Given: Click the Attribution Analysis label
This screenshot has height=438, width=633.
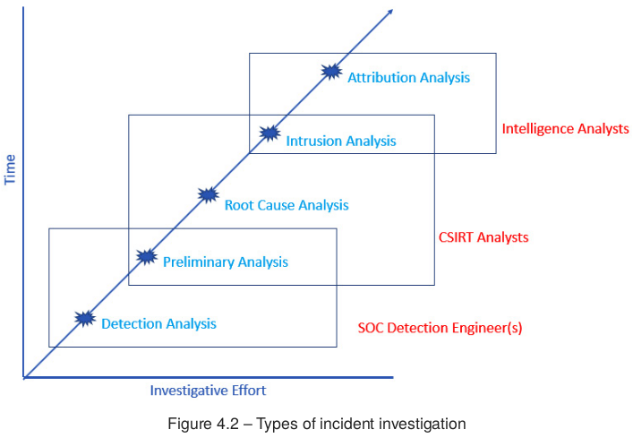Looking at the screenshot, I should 408,78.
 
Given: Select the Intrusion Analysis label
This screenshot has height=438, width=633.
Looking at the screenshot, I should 340,141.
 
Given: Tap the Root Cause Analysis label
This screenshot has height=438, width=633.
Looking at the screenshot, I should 286,205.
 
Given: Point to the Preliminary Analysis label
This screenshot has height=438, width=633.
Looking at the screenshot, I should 225,262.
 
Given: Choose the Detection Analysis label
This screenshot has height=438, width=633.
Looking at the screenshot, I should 158,323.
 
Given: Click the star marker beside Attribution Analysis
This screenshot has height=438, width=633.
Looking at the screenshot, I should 331,72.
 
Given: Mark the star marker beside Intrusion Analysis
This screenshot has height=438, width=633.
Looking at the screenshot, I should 269,133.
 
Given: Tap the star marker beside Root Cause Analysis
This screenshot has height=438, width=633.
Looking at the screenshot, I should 208,194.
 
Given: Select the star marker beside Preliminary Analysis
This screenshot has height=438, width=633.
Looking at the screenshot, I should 146,256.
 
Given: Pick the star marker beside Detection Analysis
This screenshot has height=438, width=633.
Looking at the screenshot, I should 85,317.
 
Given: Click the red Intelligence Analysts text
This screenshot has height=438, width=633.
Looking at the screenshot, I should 565,129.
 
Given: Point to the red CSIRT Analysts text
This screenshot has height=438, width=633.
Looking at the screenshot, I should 483,237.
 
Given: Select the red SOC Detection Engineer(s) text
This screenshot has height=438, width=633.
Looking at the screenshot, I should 440,328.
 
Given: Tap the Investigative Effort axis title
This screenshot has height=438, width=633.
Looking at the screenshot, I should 208,391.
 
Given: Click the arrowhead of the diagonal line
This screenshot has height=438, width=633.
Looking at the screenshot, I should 389,13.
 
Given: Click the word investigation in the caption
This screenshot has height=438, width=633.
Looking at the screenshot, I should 423,423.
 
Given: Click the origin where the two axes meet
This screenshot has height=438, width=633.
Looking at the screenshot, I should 24,377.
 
